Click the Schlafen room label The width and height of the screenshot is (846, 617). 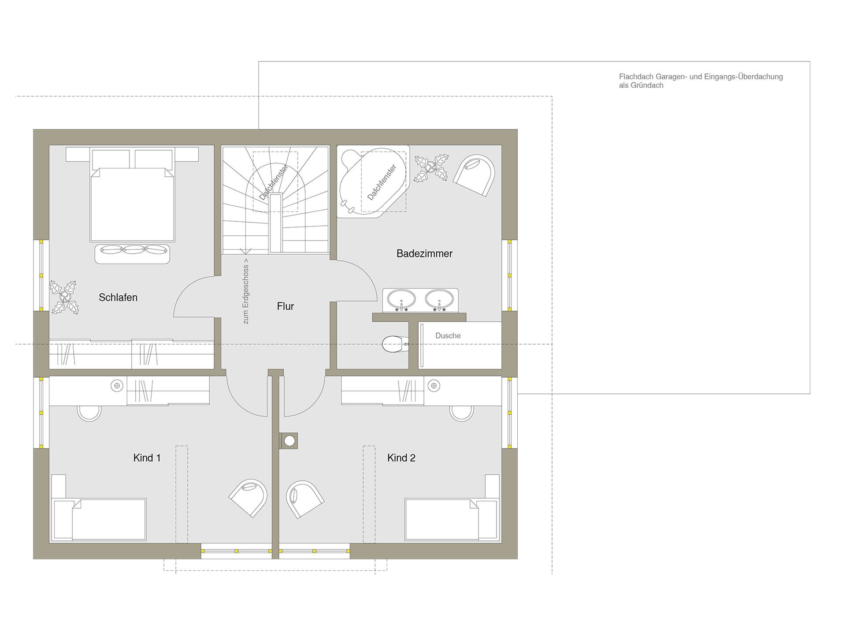[x=118, y=297]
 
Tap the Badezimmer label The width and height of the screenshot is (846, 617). [x=424, y=253]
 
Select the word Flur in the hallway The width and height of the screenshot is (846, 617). [x=286, y=306]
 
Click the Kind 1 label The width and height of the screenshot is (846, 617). [x=147, y=458]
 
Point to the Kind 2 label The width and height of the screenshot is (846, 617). [x=401, y=458]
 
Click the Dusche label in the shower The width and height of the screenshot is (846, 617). [x=448, y=336]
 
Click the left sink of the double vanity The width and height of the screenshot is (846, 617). [x=401, y=300]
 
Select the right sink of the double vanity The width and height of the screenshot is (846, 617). [x=439, y=300]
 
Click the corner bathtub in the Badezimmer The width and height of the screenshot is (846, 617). [x=373, y=182]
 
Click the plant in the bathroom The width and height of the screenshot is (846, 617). [x=431, y=168]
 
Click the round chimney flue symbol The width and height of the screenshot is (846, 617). [x=289, y=441]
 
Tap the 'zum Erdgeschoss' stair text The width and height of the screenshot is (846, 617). [x=246, y=294]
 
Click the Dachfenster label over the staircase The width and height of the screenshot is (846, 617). [x=274, y=182]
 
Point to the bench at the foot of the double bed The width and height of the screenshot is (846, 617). [x=132, y=254]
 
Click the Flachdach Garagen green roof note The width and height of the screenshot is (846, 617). [x=701, y=81]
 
